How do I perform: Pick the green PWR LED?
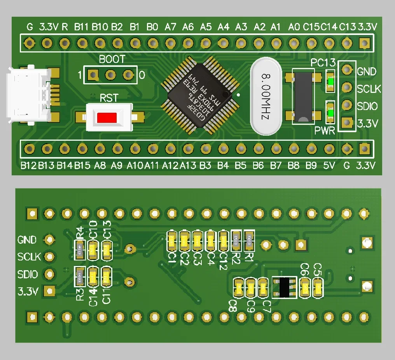(x=331, y=113)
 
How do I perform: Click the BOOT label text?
(x=112, y=59)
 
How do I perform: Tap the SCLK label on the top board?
(x=369, y=89)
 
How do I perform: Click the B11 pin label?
(x=82, y=27)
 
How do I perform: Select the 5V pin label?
(x=329, y=166)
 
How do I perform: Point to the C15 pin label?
(x=311, y=27)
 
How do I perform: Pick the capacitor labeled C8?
(x=238, y=288)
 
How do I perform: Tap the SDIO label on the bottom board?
(x=28, y=274)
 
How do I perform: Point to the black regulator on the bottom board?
(x=285, y=287)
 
